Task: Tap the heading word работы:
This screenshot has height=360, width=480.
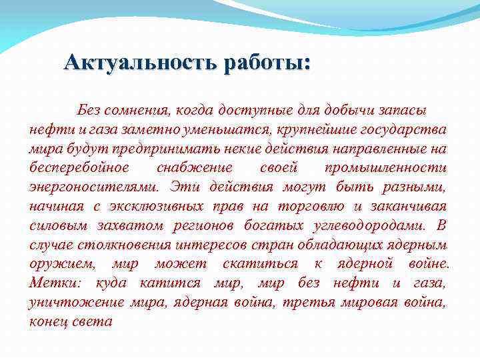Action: point(267,64)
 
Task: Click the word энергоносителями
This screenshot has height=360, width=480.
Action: point(93,186)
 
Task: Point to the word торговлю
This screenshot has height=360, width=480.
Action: point(310,205)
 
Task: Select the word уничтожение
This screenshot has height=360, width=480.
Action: point(77,302)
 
